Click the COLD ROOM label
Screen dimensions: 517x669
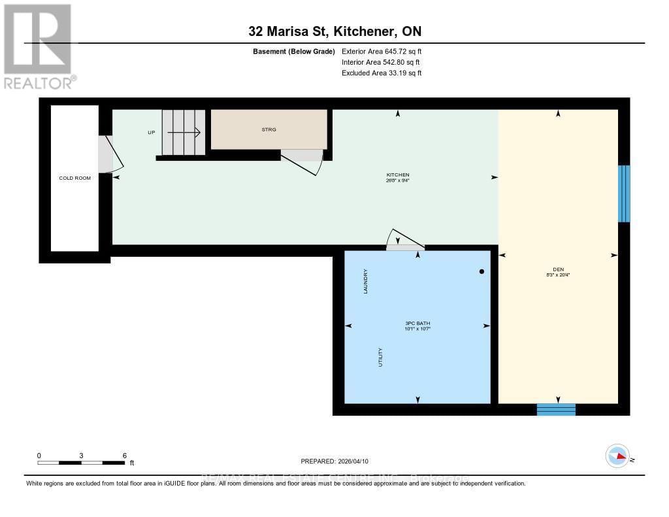pos(74,178)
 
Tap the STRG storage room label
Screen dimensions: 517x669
pos(269,129)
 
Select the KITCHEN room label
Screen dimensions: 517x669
pos(397,175)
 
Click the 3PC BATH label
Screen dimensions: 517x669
pos(417,325)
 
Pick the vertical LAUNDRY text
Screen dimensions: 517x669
pos(366,281)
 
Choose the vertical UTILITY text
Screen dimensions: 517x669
pos(380,357)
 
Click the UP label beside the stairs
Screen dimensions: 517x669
pos(152,132)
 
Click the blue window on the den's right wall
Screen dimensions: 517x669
pos(624,193)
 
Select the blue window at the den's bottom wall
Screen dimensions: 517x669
pos(556,409)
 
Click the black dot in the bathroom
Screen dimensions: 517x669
pos(482,271)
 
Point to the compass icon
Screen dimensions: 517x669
pos(617,456)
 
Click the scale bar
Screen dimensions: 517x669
pos(81,463)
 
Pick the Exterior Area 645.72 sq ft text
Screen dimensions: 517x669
pos(382,51)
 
